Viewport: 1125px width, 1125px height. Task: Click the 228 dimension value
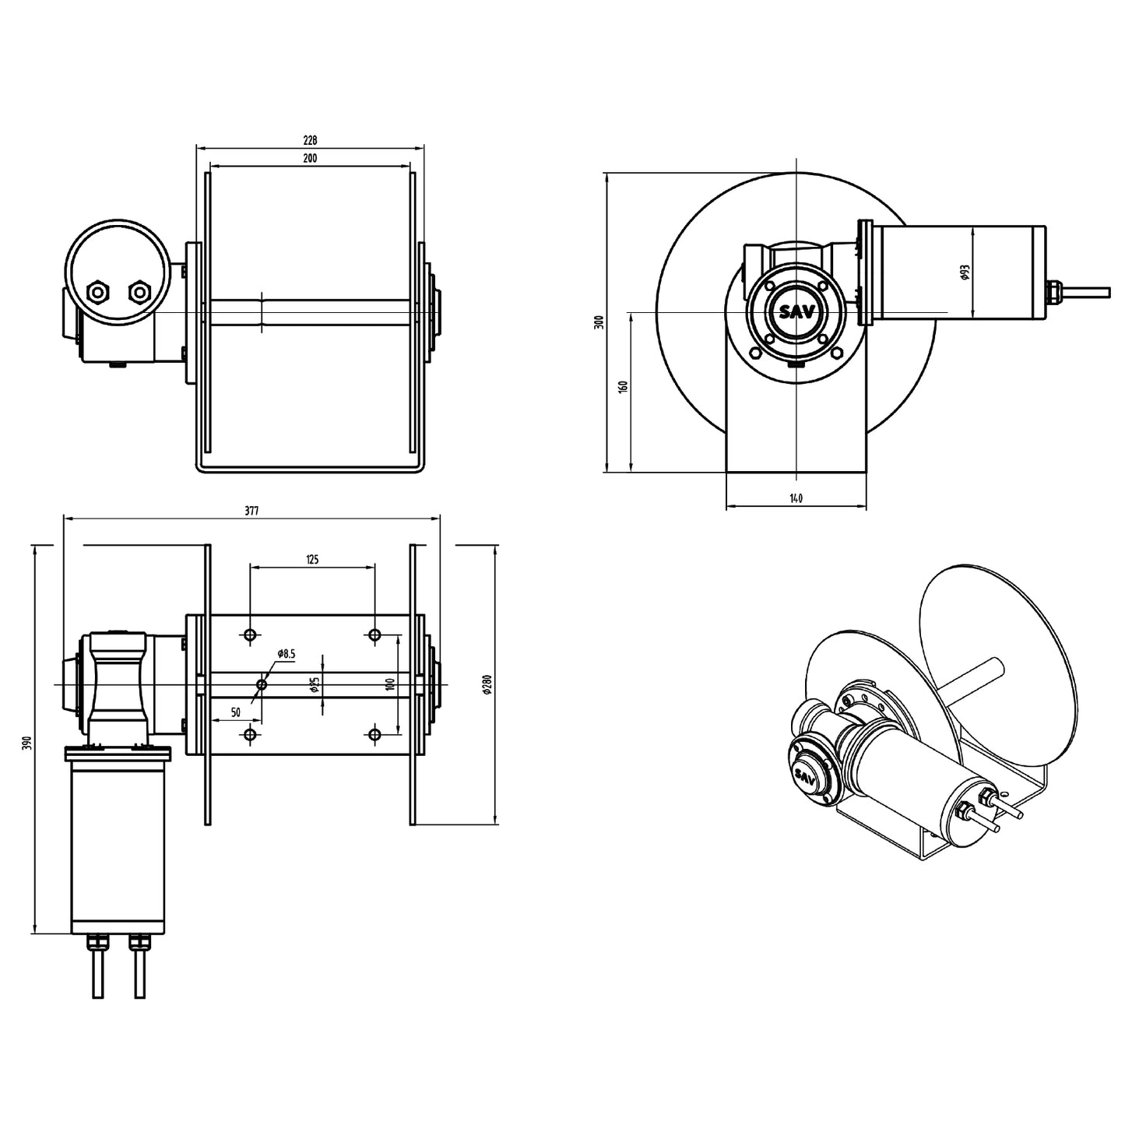click(310, 141)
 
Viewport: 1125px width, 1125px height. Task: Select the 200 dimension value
click(310, 158)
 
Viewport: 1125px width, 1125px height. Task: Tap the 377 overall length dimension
click(251, 512)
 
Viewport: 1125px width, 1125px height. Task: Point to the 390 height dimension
click(28, 742)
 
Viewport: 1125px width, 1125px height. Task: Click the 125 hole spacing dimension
click(312, 559)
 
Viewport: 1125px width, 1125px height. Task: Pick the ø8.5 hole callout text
click(286, 654)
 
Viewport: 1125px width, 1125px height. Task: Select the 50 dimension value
click(235, 712)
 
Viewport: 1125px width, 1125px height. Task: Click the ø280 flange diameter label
click(487, 684)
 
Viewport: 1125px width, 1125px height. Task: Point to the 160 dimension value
click(623, 387)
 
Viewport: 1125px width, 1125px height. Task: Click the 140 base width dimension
click(795, 498)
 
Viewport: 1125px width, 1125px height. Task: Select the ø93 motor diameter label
click(965, 272)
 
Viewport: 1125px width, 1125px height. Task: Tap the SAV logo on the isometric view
click(804, 776)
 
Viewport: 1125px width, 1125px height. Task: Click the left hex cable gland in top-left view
click(99, 292)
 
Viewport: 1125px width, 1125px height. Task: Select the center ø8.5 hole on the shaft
click(262, 684)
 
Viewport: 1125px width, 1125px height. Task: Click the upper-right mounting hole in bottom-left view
click(374, 635)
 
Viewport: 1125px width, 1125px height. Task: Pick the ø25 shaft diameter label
click(314, 684)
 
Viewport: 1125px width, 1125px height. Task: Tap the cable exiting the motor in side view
click(1086, 291)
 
